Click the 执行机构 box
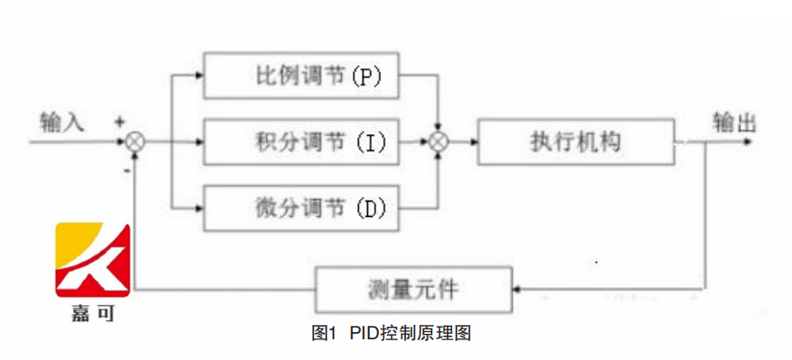[577, 141]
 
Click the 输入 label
[62, 121]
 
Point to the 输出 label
[733, 122]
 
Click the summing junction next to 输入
[135, 141]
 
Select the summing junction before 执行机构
[438, 141]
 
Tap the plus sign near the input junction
[119, 121]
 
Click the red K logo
[94, 260]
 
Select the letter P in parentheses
[366, 77]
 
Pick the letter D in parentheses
[370, 210]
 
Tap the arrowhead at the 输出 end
[749, 141]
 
